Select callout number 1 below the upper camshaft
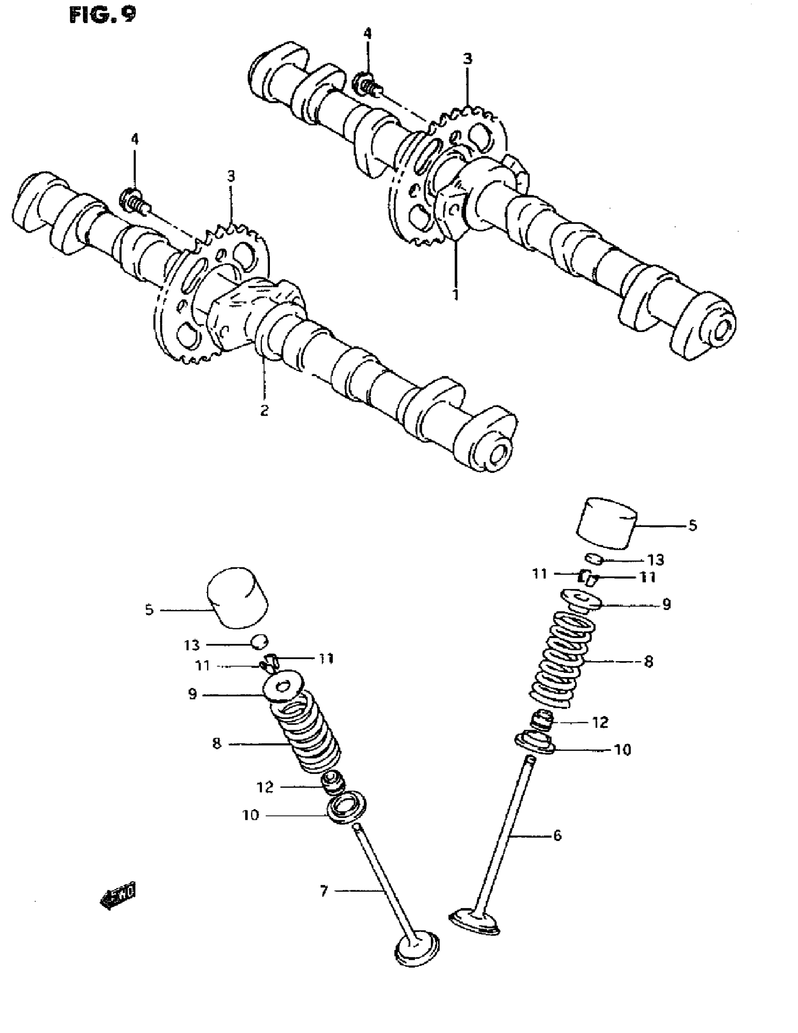pos(455,295)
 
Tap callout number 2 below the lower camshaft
pos(264,410)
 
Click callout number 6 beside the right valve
pos(557,835)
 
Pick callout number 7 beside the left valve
pos(324,891)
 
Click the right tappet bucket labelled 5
pos(606,523)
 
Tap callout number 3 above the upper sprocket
pos(467,59)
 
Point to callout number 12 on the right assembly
pos(600,722)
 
